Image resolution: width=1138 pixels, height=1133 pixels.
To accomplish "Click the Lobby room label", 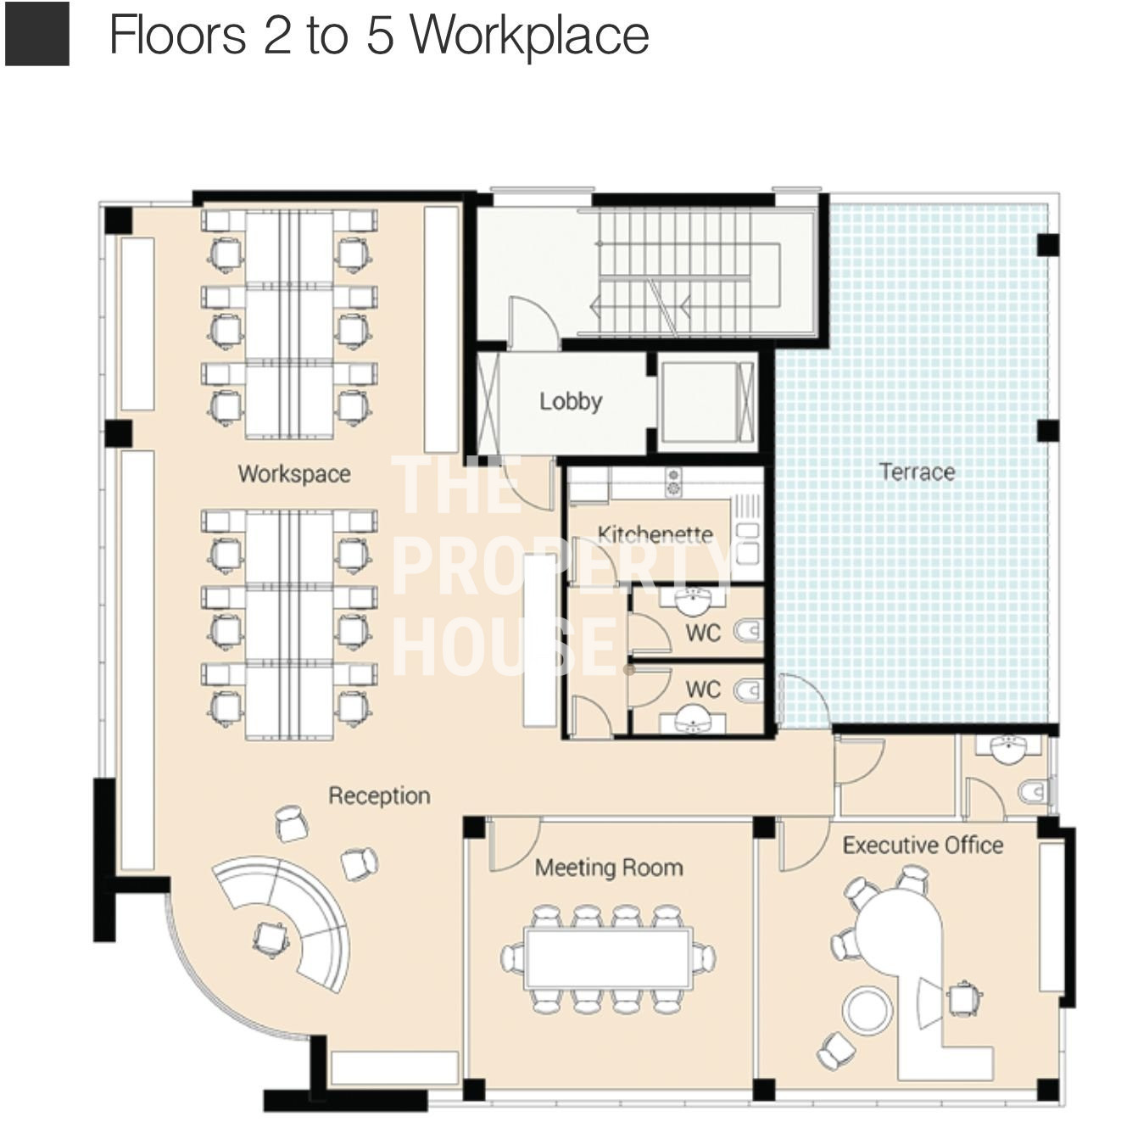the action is pyautogui.click(x=571, y=402).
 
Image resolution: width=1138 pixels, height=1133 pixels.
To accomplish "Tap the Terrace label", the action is pyautogui.click(x=918, y=472).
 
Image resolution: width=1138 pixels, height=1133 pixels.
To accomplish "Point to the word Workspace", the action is pyautogui.click(x=294, y=474).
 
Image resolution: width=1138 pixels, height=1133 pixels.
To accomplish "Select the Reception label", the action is pyautogui.click(x=379, y=796).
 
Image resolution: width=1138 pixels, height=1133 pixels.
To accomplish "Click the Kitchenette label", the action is pyautogui.click(x=655, y=534).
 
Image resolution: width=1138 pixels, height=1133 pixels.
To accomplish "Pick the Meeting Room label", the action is pyautogui.click(x=609, y=868).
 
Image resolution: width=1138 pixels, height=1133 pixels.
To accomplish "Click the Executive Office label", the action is pyautogui.click(x=923, y=846).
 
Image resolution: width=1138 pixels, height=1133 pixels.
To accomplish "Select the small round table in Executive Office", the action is pyautogui.click(x=867, y=1011).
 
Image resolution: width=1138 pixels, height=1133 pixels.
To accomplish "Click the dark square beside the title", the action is pyautogui.click(x=37, y=33).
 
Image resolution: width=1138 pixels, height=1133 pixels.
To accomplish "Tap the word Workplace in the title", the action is pyautogui.click(x=530, y=36).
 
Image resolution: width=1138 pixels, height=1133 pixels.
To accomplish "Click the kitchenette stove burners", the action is pyautogui.click(x=672, y=482).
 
